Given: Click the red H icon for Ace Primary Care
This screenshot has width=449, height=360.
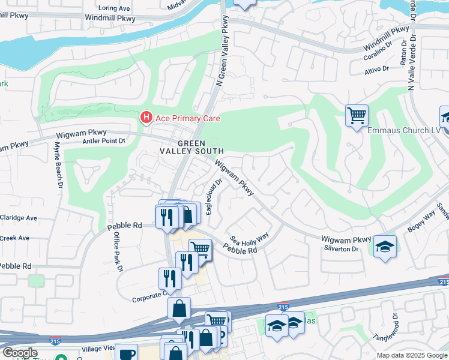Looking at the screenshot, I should click(x=146, y=118).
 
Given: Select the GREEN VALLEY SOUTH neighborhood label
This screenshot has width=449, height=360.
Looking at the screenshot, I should click(x=191, y=148).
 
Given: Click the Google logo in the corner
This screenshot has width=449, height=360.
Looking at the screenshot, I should click(x=19, y=353).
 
